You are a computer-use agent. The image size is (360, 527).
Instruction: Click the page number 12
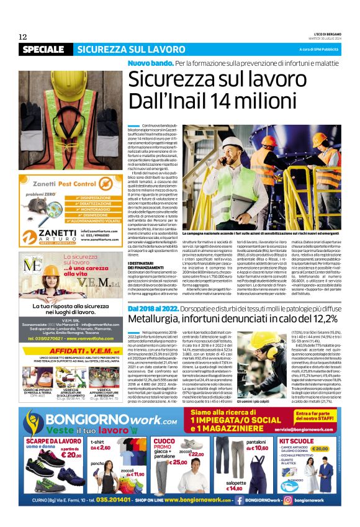click(x=23, y=36)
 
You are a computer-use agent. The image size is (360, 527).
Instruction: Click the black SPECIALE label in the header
click(x=43, y=49)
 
